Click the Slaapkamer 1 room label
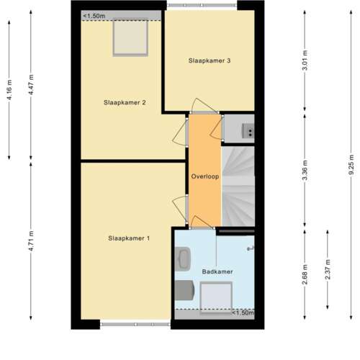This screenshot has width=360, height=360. tap(129, 238)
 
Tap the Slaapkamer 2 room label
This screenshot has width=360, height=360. tap(125, 103)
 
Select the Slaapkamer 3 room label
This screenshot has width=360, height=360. tap(210, 60)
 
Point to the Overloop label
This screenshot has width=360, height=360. tap(204, 176)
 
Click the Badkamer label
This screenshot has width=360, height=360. tap(216, 271)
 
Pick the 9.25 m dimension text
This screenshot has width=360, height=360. tap(351, 166)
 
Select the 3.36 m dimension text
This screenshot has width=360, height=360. tap(305, 174)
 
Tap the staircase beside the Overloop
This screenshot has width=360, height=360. tap(238, 186)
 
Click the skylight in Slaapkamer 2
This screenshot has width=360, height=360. tap(130, 38)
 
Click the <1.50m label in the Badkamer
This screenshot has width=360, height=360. tap(242, 313)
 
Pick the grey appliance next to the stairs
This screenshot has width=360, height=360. tap(245, 130)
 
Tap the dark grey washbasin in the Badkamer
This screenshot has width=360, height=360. tap(186, 289)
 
